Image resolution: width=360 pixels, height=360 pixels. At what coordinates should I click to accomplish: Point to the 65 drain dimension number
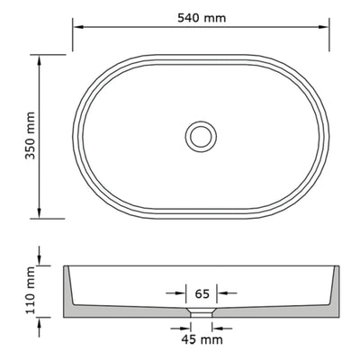[x=202, y=292]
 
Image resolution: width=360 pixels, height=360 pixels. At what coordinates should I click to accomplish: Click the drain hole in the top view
[x=201, y=136]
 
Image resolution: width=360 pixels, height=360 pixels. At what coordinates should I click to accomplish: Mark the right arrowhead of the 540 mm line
[x=322, y=26]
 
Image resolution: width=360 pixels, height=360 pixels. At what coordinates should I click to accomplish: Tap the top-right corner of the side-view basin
[x=340, y=267]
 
